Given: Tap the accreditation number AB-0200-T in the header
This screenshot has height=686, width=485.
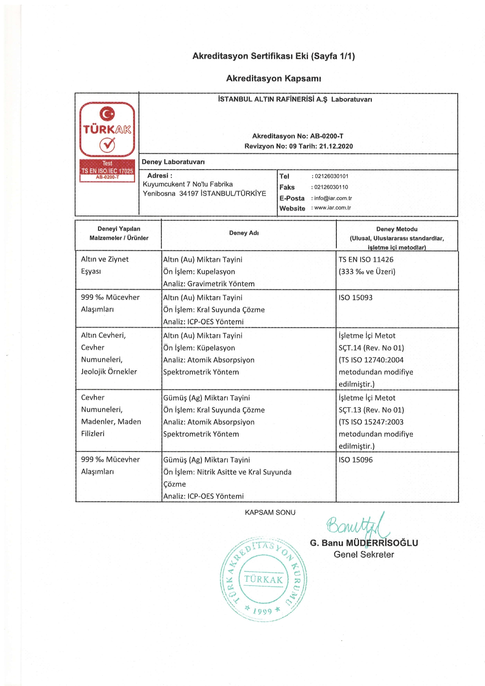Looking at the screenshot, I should click(327, 136).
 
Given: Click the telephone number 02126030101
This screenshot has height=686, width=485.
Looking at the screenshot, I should click(331, 176).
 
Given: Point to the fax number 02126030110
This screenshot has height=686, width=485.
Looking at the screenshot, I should click(331, 187).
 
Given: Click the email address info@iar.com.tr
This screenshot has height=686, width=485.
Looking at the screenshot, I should click(333, 198).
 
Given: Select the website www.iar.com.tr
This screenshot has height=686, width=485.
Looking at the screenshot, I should click(332, 208).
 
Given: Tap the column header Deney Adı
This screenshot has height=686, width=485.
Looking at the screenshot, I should click(244, 233).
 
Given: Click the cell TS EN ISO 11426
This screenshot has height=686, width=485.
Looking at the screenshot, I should click(366, 260).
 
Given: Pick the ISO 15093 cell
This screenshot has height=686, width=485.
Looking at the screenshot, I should click(356, 297).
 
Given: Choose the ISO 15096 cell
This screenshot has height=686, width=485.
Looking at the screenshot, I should click(356, 460).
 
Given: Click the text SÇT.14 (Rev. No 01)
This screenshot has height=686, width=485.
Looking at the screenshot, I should click(371, 347).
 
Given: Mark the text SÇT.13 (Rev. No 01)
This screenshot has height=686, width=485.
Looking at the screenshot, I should click(371, 410).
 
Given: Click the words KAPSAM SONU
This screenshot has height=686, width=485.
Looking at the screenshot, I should click(270, 512).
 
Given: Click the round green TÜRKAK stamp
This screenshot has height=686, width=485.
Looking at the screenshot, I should click(263, 579).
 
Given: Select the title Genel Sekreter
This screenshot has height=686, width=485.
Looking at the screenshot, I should click(364, 554).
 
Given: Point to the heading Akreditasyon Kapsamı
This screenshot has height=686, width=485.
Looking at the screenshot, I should click(273, 79).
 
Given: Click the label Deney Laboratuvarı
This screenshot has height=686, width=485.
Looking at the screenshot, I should click(173, 162).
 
